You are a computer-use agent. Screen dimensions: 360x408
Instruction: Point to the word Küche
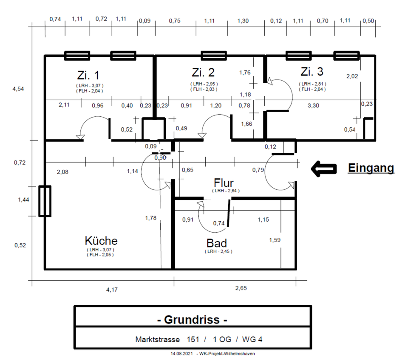pos(101,241)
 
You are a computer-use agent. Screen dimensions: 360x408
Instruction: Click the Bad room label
pos(217,243)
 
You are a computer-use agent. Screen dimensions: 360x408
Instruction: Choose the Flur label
pos(224,183)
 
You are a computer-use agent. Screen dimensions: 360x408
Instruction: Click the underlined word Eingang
pos(371,168)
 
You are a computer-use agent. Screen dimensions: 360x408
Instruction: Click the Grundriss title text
pos(192,320)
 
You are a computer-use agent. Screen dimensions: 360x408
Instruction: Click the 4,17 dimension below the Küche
pos(112,290)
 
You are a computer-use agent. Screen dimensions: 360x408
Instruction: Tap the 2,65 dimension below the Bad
pos(241,288)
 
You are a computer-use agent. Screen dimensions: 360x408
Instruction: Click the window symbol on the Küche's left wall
pos(45,201)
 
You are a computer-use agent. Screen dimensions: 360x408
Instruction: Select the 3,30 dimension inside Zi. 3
pos(313,106)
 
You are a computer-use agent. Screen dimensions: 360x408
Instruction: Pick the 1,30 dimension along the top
pos(243,20)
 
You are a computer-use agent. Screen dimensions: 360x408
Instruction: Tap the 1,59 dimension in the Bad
pos(275,240)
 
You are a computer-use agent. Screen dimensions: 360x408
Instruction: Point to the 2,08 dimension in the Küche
pos(62,172)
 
